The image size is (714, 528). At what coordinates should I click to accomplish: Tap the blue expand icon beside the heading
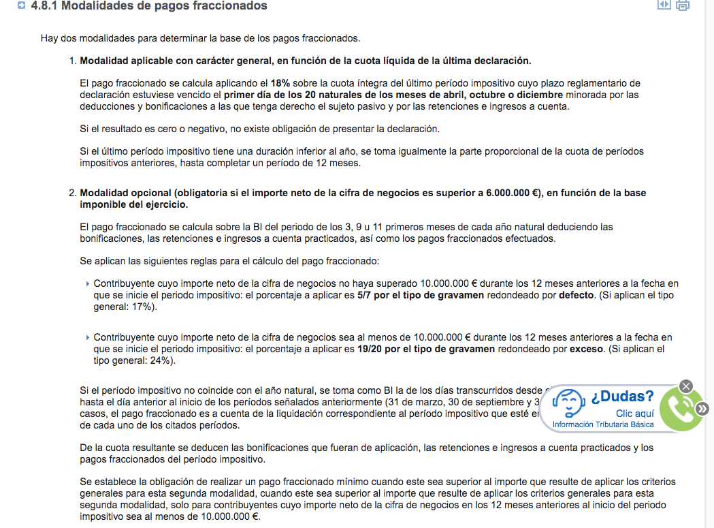(x=22, y=6)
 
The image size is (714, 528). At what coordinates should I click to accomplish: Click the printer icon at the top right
(x=682, y=5)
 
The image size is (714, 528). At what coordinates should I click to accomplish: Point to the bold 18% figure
(x=280, y=83)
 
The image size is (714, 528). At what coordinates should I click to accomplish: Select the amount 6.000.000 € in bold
(x=512, y=193)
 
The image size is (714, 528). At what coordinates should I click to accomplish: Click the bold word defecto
(x=576, y=295)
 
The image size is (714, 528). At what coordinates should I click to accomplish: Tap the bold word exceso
(x=586, y=349)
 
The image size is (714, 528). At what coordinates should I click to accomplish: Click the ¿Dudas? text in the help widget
(x=622, y=397)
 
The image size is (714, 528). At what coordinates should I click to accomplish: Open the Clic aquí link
(x=634, y=414)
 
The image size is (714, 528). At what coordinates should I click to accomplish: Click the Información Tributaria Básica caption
(x=603, y=424)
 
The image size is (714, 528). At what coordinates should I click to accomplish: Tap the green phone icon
(x=681, y=409)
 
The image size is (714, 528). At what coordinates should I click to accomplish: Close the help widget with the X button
(x=686, y=386)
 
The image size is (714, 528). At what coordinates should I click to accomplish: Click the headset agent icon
(x=568, y=404)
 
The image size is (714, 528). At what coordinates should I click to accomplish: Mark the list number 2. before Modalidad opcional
(x=73, y=193)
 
